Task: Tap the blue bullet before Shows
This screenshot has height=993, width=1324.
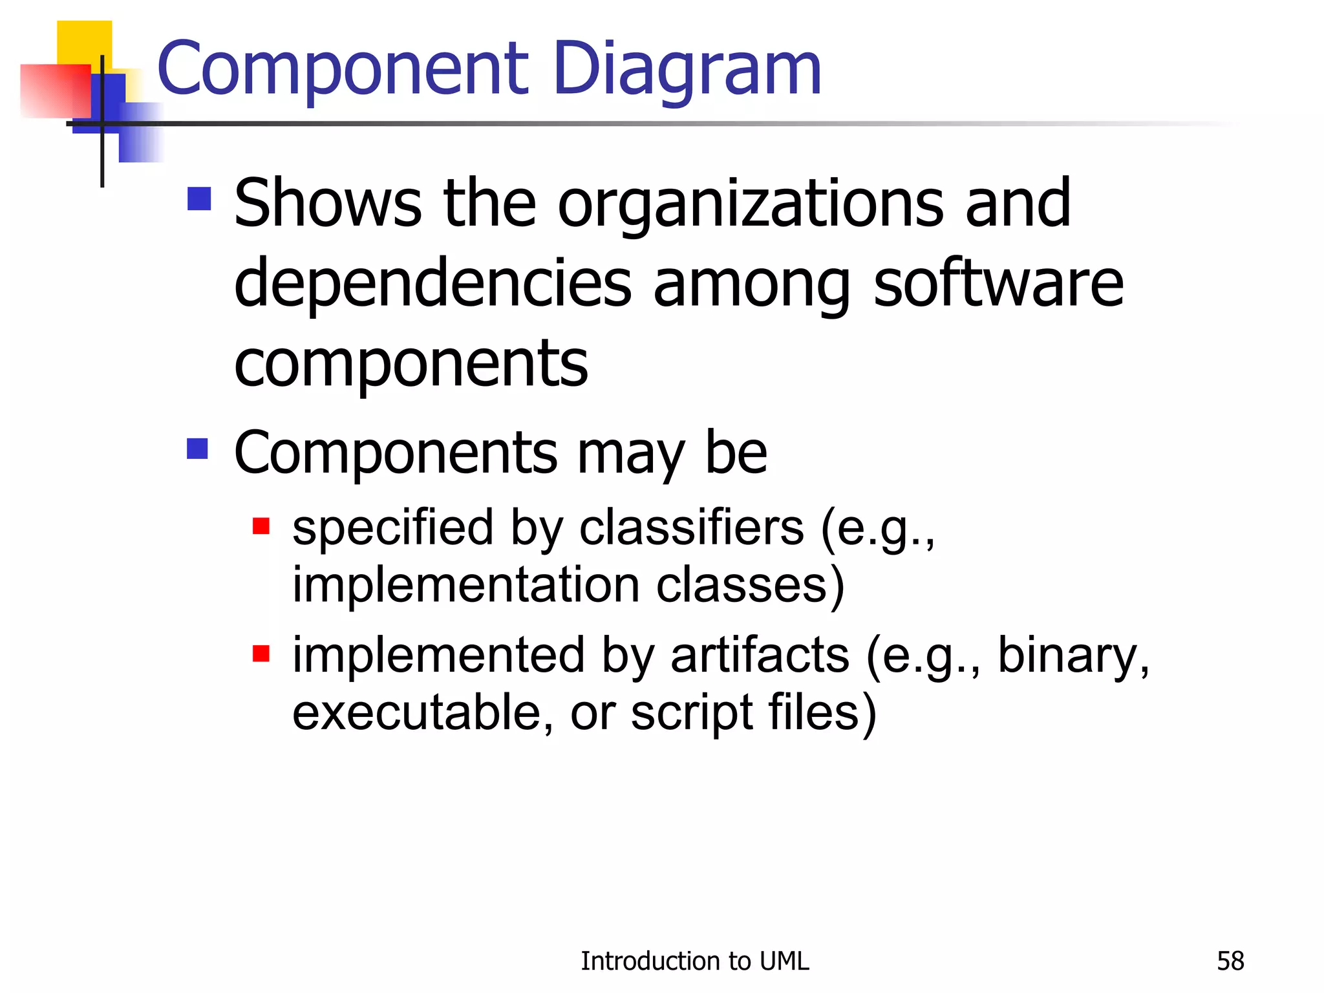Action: point(199,199)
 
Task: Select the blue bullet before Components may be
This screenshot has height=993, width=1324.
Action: point(197,449)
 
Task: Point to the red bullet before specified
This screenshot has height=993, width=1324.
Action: point(261,526)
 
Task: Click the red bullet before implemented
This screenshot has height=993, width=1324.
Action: point(261,654)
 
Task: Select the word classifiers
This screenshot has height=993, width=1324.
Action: point(691,528)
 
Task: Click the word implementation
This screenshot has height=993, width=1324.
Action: point(465,584)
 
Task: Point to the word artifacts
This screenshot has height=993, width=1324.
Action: point(760,655)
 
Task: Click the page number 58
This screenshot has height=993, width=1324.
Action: point(1230,961)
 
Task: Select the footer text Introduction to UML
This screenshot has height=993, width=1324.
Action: point(694,961)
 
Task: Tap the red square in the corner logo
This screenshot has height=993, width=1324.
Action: point(55,91)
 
